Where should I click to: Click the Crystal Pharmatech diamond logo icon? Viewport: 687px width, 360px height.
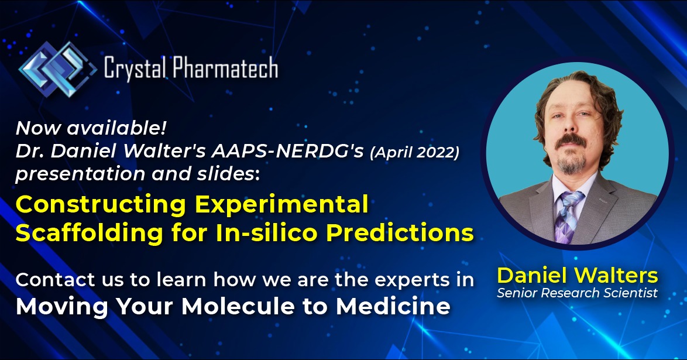(x=57, y=69)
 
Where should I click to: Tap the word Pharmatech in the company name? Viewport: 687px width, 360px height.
(x=226, y=68)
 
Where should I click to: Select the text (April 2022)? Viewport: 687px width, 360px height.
(x=414, y=152)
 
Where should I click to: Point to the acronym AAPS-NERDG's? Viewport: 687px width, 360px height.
(x=288, y=151)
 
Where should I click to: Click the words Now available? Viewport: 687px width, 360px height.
(x=91, y=128)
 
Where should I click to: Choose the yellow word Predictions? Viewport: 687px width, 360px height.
(x=400, y=232)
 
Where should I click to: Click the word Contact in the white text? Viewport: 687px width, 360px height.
(x=55, y=280)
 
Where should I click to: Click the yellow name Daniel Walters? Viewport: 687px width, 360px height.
(x=578, y=275)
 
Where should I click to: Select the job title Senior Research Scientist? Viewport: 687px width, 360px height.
(x=578, y=293)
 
